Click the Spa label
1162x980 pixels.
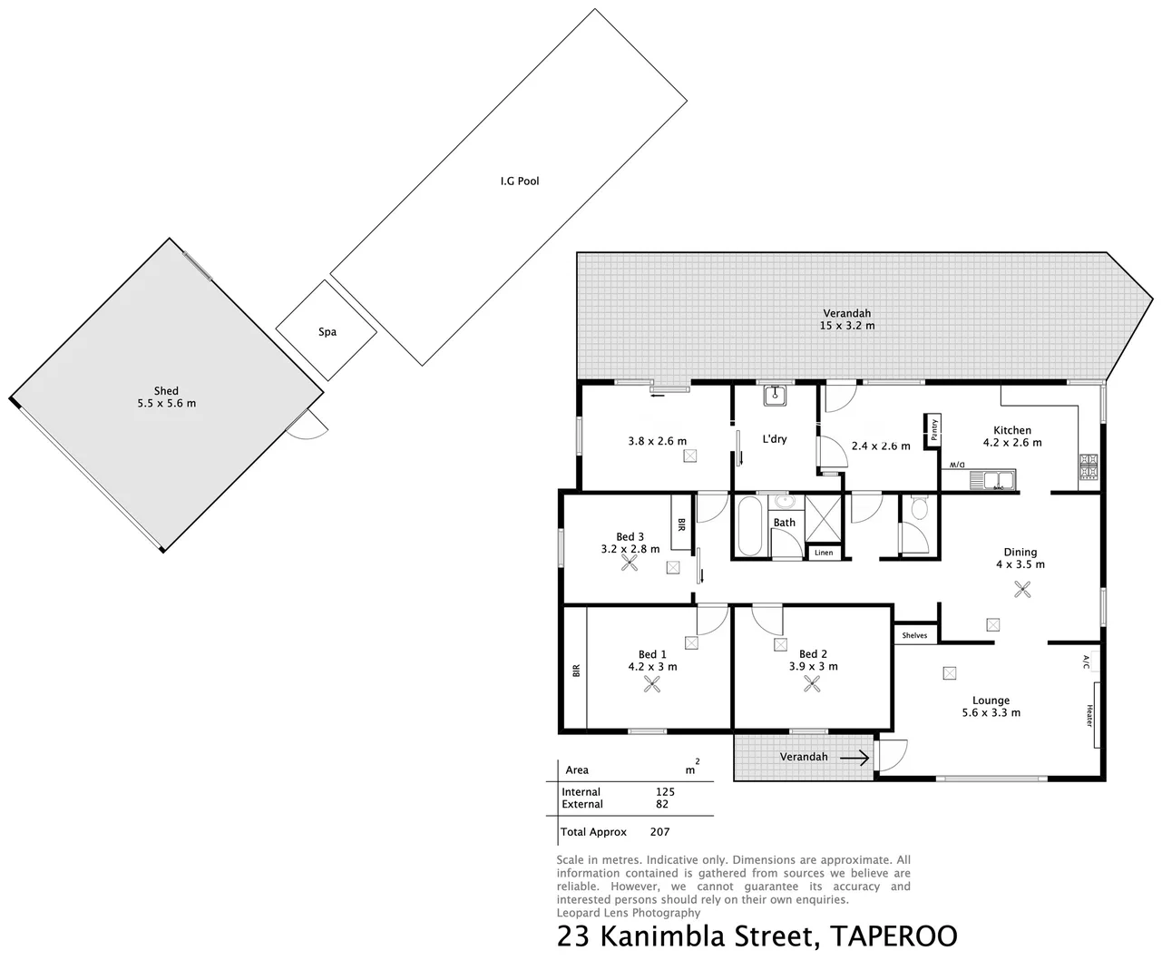pyautogui.click(x=327, y=332)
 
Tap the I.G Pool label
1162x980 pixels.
pyautogui.click(x=520, y=181)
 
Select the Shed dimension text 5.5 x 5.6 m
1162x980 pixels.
pyautogui.click(x=166, y=403)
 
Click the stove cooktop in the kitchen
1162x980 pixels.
pyautogui.click(x=1088, y=466)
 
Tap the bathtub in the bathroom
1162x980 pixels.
pyautogui.click(x=749, y=526)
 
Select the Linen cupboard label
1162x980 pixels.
pyautogui.click(x=824, y=553)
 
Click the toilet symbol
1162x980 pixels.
pyautogui.click(x=919, y=508)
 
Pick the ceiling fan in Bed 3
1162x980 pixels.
pyautogui.click(x=630, y=563)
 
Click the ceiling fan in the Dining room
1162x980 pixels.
pyautogui.click(x=1023, y=590)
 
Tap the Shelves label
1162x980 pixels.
pyautogui.click(x=914, y=635)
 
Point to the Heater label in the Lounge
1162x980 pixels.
pyautogui.click(x=1089, y=716)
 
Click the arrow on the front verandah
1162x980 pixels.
pyautogui.click(x=854, y=757)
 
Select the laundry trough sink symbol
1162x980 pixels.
pyautogui.click(x=775, y=395)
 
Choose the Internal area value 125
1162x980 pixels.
pyautogui.click(x=665, y=791)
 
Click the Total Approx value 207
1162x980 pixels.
pyautogui.click(x=659, y=832)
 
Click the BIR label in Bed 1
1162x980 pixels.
pyautogui.click(x=575, y=671)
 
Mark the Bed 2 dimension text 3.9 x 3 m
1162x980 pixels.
pyautogui.click(x=813, y=667)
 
